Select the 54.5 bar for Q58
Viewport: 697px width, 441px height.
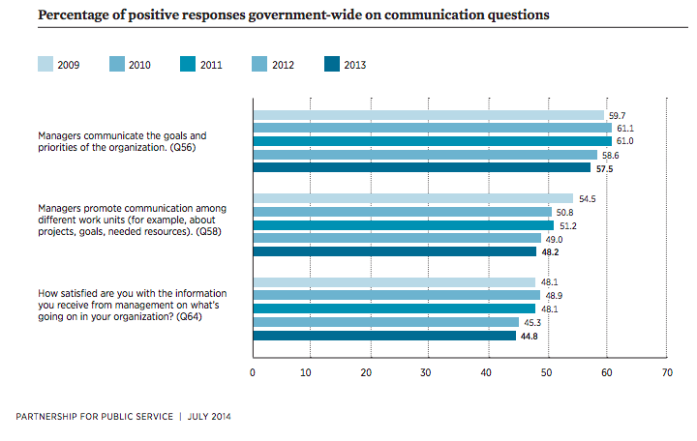pos(412,198)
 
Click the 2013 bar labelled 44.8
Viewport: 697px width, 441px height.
pos(384,336)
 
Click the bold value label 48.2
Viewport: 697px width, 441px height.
pos(551,251)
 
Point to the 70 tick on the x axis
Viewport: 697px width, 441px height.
pos(666,372)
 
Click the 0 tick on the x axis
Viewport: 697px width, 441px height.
pos(253,372)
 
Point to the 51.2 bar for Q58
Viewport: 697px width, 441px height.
pos(403,225)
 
